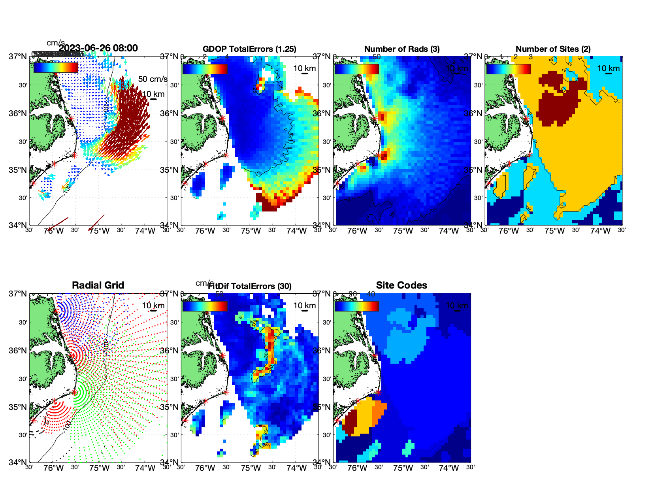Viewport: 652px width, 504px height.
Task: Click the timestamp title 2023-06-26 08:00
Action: coord(98,48)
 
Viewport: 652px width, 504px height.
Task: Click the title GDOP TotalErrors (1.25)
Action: coord(249,49)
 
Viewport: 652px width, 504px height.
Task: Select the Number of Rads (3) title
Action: coord(401,49)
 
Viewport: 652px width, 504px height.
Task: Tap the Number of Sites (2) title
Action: coord(553,49)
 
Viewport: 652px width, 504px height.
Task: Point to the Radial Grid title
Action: coord(98,285)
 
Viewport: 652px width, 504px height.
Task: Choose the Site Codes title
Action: coord(401,285)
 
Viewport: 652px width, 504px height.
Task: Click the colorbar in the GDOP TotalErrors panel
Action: coord(205,69)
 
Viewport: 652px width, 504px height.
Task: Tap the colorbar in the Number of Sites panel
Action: coord(508,69)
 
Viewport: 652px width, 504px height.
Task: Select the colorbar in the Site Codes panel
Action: coord(356,306)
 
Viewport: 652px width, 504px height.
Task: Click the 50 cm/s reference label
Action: coord(153,79)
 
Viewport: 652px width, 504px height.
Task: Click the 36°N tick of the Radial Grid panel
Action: coord(18,351)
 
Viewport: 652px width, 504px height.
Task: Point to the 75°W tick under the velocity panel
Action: coord(99,231)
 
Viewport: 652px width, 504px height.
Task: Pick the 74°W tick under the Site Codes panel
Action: coord(448,468)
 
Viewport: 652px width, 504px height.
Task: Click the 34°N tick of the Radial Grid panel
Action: coord(18,462)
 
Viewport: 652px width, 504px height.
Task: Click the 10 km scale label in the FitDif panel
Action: coord(304,306)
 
